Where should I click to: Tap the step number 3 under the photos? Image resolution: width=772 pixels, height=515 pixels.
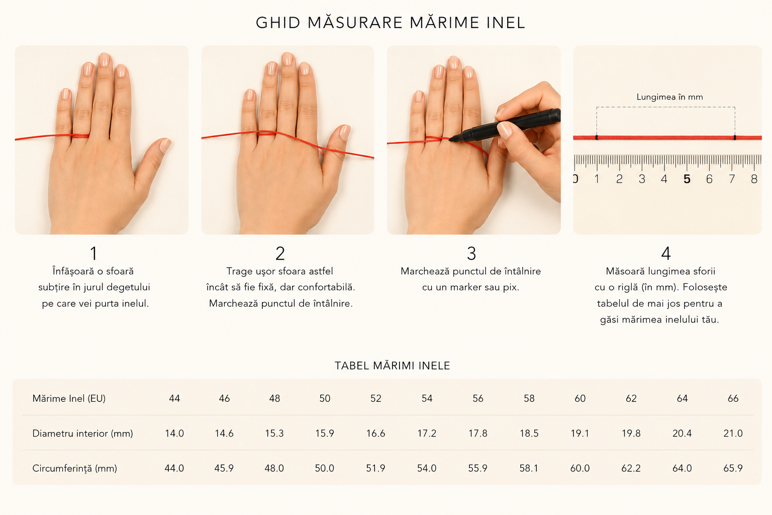point(471,253)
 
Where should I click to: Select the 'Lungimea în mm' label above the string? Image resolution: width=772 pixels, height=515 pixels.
point(669,97)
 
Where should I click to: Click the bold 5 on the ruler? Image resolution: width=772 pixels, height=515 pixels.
point(687,179)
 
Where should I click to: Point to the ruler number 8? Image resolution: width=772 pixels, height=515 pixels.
point(754,179)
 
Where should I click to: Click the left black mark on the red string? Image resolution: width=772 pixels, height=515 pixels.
point(597,138)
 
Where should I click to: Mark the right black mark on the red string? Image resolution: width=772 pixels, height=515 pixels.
point(735,138)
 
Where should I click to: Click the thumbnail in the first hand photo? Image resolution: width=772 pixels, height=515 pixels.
point(165,145)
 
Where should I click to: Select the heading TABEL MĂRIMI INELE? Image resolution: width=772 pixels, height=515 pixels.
point(392,366)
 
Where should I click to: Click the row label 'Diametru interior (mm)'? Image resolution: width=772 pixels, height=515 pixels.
point(83,433)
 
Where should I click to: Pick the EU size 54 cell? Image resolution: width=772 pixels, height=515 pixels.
point(427,398)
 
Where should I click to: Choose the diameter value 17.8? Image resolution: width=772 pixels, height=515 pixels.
point(477,433)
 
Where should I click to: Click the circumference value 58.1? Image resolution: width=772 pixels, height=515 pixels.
point(529,468)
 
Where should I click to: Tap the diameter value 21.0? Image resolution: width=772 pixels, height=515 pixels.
point(733,433)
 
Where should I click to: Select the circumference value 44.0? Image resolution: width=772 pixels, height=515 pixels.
point(174,468)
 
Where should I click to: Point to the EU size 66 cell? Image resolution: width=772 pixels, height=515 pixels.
point(733,398)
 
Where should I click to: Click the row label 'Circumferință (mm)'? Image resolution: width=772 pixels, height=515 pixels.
point(75,468)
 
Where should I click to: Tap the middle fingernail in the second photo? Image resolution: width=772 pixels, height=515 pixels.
point(288,59)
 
